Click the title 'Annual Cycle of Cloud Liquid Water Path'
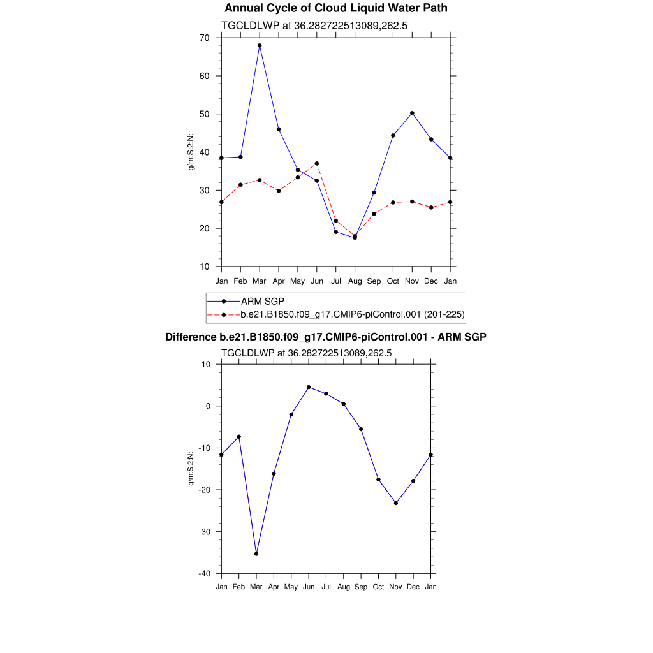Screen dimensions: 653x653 (x=336, y=8)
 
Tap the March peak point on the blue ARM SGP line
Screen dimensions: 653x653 (x=260, y=45)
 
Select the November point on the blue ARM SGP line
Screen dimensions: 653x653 (x=412, y=113)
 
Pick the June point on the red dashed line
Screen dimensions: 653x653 (x=317, y=163)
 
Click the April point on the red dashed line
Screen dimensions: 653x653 (x=279, y=191)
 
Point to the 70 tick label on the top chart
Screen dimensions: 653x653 (x=204, y=38)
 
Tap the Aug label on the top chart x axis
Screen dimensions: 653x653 (x=355, y=281)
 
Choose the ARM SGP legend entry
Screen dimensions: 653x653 (x=263, y=301)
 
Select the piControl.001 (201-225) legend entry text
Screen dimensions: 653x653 (x=353, y=314)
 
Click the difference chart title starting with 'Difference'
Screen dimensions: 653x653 (x=326, y=337)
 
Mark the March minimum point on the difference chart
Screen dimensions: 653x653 (x=256, y=554)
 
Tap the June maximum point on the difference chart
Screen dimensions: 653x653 (x=309, y=387)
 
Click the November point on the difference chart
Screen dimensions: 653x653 (x=396, y=503)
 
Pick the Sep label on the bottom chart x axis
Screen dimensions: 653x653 (x=361, y=587)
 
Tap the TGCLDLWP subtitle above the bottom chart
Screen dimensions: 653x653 (x=306, y=353)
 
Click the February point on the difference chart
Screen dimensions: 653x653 (x=239, y=437)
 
